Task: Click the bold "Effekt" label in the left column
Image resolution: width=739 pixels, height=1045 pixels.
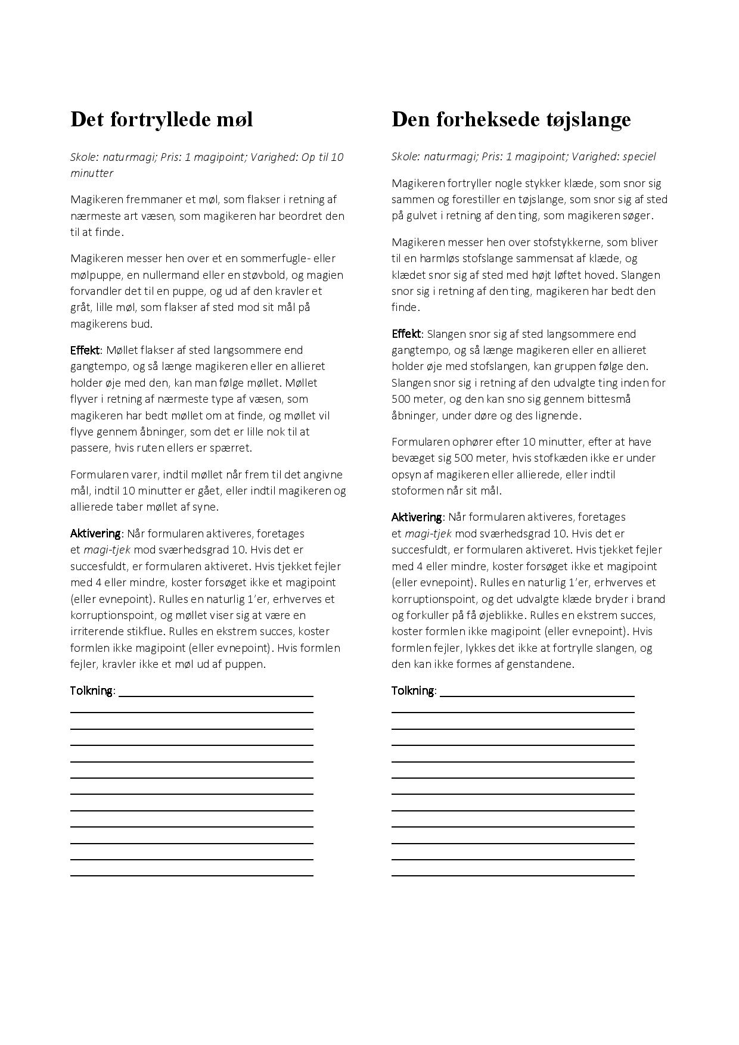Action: click(86, 350)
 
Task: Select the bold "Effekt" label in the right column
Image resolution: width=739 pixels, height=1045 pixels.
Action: click(407, 334)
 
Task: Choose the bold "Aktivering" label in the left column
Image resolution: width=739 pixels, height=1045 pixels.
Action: click(96, 533)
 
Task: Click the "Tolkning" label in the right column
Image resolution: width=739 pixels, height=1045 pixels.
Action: click(413, 691)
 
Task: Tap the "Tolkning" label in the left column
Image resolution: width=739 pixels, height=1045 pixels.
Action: click(92, 691)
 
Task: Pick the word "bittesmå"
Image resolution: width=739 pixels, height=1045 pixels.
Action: click(611, 399)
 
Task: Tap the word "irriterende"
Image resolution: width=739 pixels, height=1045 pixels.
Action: click(97, 632)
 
